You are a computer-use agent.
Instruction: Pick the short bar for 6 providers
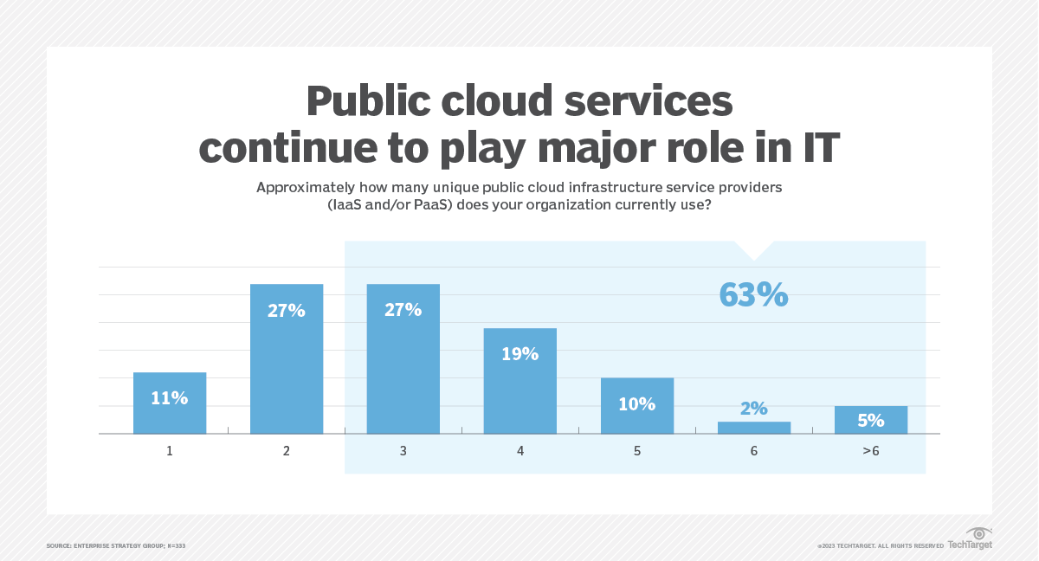pyautogui.click(x=753, y=428)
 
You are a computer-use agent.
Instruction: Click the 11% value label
pyautogui.click(x=170, y=397)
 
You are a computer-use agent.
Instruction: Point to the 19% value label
pyautogui.click(x=519, y=353)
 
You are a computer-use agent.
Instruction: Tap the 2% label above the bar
pyautogui.click(x=753, y=409)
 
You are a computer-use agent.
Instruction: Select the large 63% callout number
pyautogui.click(x=753, y=294)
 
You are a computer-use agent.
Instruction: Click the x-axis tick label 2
pyautogui.click(x=287, y=451)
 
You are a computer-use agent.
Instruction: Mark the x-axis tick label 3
pyautogui.click(x=403, y=451)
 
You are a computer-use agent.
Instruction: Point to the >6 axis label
pyautogui.click(x=870, y=451)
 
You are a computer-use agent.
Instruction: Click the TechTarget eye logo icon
pyautogui.click(x=978, y=533)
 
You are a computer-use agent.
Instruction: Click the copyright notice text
pyautogui.click(x=880, y=545)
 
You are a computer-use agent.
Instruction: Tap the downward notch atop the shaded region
pyautogui.click(x=753, y=251)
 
